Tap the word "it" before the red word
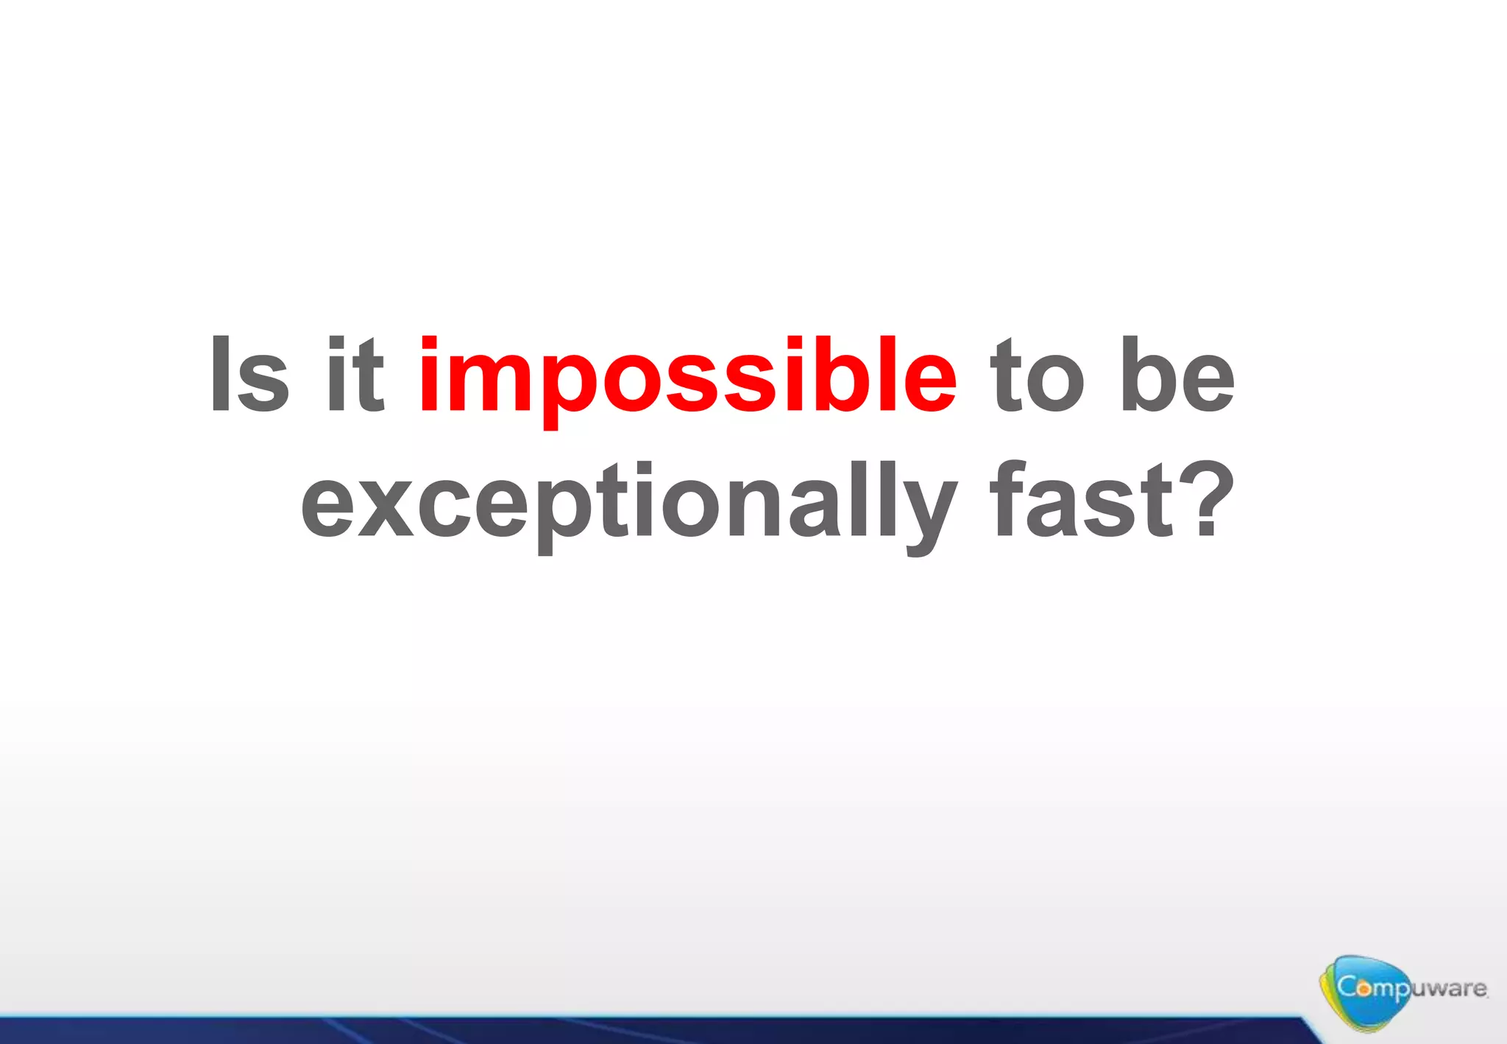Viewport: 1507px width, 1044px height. pyautogui.click(x=355, y=375)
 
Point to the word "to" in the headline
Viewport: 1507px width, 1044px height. pyautogui.click(x=1037, y=375)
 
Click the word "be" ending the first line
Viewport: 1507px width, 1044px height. pyautogui.click(x=1176, y=375)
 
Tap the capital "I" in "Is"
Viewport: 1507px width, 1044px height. pyautogui.click(x=219, y=373)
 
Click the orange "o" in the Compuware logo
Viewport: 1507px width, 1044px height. pyautogui.click(x=1364, y=989)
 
